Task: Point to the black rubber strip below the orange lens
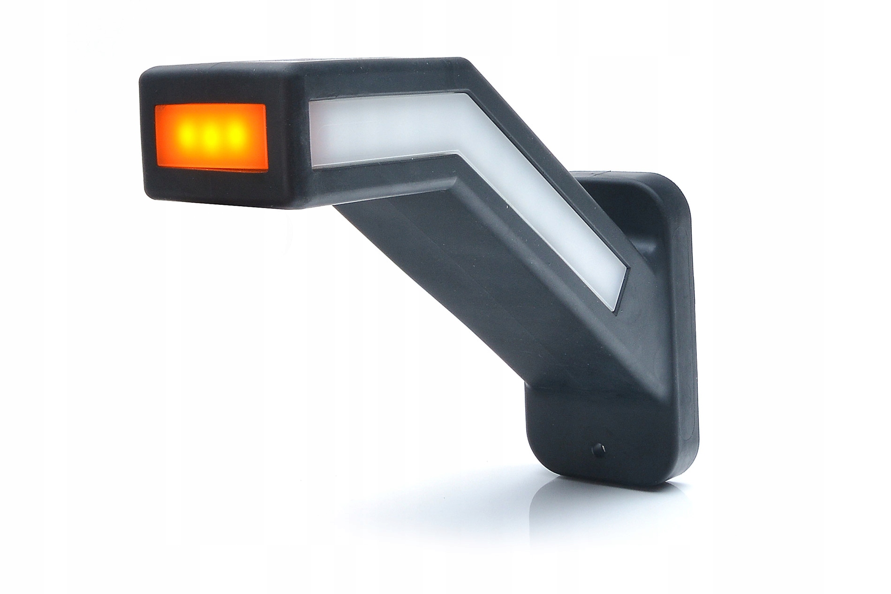point(211,185)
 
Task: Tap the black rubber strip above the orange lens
point(211,91)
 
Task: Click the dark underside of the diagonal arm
point(445,281)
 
